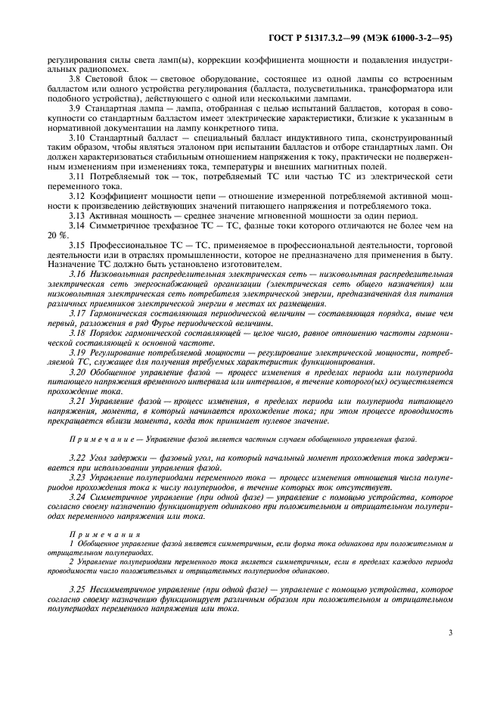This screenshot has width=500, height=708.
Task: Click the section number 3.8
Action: pyautogui.click(x=74, y=79)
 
